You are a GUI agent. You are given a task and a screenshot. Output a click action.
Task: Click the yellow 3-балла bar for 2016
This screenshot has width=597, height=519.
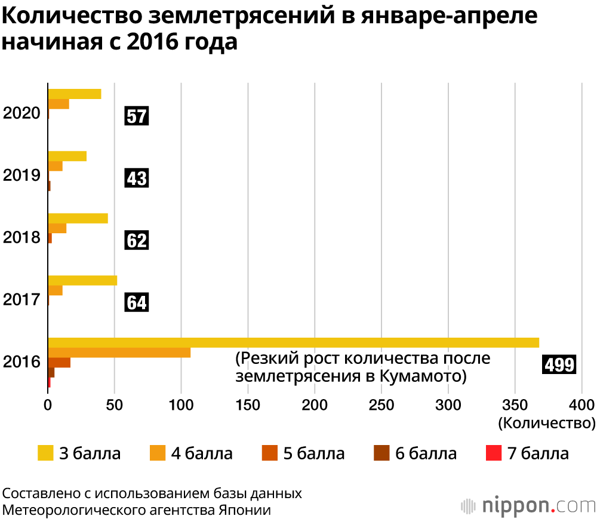[293, 342]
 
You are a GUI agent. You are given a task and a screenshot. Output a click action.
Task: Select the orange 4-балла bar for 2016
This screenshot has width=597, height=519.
[119, 353]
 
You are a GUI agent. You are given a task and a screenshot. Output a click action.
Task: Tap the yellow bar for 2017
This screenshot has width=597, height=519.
[82, 280]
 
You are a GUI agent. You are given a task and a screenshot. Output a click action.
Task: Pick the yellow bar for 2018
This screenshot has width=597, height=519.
[78, 218]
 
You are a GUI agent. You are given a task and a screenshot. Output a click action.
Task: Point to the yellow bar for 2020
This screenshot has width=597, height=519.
[75, 94]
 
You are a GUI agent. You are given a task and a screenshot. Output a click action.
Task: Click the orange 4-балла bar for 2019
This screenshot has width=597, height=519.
[55, 166]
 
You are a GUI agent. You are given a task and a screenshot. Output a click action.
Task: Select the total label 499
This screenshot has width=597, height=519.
[559, 364]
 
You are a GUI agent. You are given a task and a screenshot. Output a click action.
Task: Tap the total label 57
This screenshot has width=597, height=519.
[136, 116]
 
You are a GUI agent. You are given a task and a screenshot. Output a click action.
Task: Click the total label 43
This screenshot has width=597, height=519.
[136, 178]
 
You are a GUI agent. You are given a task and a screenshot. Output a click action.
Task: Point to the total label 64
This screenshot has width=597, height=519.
[136, 302]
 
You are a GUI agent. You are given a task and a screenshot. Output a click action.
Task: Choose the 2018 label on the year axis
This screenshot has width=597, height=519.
[21, 238]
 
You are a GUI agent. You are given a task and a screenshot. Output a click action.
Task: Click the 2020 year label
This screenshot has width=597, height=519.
[21, 113]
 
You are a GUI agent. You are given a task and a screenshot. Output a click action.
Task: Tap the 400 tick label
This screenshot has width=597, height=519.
[580, 404]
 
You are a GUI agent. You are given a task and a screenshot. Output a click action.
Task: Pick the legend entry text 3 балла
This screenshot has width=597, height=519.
[90, 453]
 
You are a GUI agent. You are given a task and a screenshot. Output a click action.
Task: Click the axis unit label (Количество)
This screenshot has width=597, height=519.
[546, 423]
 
